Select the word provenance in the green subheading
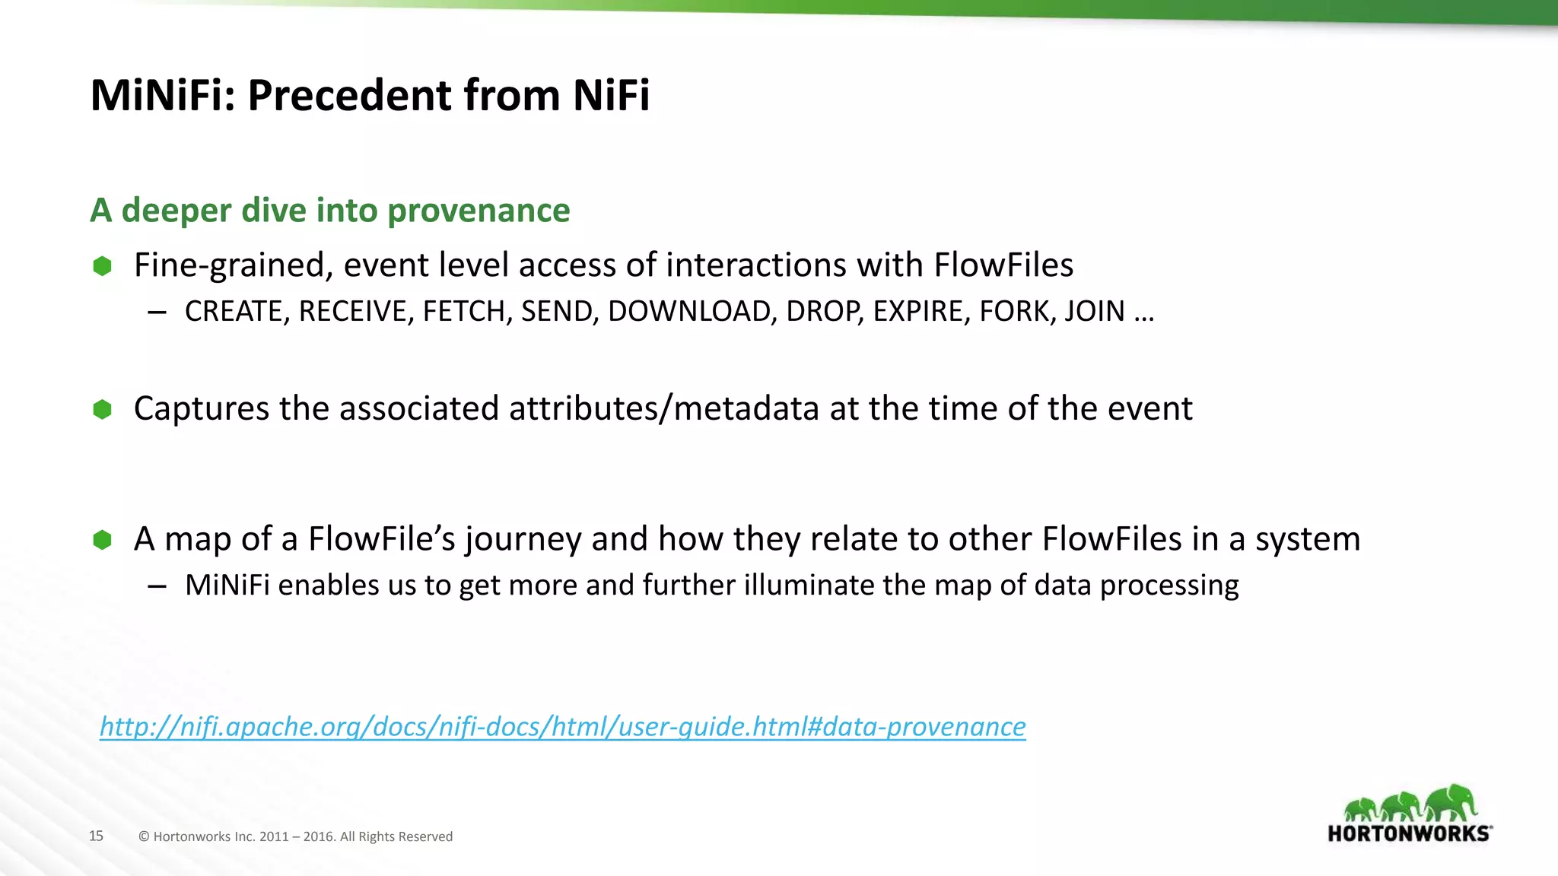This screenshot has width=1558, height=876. (x=479, y=211)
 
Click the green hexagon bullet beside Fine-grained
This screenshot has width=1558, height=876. (x=103, y=266)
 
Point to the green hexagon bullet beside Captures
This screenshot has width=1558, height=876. (x=103, y=410)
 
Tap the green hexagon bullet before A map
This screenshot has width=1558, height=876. (x=103, y=540)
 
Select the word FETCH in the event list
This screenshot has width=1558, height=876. (x=467, y=312)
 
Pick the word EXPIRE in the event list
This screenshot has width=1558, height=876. (x=921, y=312)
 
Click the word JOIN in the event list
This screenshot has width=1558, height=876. (x=1094, y=312)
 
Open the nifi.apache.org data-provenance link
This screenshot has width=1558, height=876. (x=563, y=727)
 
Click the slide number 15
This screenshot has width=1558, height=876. (x=96, y=836)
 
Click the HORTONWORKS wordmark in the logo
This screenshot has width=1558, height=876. (x=1409, y=833)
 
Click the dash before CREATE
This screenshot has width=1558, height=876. (x=157, y=312)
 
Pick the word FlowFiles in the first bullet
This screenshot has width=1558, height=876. (x=1003, y=265)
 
